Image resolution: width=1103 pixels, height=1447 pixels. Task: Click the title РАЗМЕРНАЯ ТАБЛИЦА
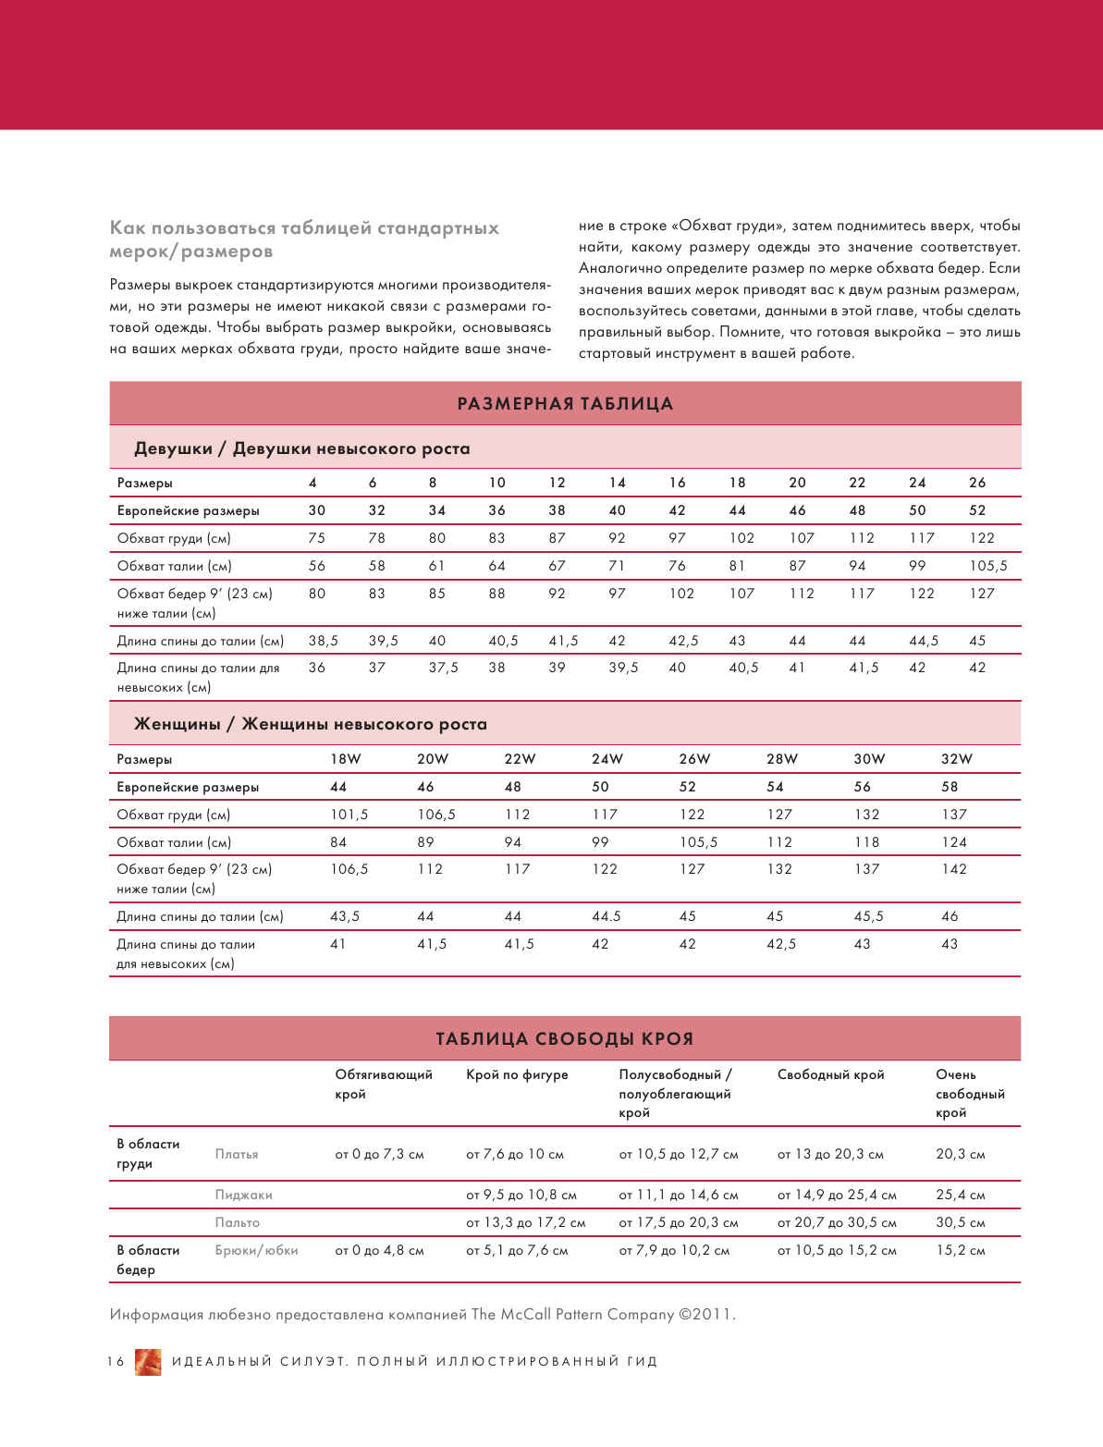click(565, 404)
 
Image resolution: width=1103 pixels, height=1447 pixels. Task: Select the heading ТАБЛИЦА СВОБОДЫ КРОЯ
click(564, 1039)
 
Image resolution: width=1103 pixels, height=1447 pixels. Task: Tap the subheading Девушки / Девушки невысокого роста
click(302, 449)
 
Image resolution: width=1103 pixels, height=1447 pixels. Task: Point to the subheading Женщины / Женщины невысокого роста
click(311, 725)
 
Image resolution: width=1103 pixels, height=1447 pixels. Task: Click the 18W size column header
click(346, 759)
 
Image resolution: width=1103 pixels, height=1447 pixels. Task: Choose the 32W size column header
click(957, 759)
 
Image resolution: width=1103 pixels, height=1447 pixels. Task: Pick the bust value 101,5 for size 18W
click(349, 815)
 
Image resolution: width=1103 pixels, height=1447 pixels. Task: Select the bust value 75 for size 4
click(317, 538)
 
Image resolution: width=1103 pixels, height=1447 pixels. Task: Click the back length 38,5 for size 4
click(324, 641)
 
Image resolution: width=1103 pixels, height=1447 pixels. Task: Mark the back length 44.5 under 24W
click(607, 916)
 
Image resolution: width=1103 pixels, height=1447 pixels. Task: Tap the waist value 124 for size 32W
click(954, 842)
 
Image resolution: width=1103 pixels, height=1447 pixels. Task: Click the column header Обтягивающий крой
click(384, 1085)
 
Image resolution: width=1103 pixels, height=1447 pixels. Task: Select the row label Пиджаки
click(244, 1196)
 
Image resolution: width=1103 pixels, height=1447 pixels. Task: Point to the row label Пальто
click(238, 1223)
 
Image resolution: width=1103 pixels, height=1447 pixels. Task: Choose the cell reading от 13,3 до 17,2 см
click(526, 1223)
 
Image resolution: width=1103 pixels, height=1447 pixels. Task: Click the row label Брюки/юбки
click(257, 1251)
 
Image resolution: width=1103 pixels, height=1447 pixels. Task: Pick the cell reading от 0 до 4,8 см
click(379, 1251)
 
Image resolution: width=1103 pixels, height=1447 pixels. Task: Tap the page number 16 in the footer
click(116, 1362)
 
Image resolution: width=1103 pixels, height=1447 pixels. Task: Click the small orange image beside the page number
click(148, 1362)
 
